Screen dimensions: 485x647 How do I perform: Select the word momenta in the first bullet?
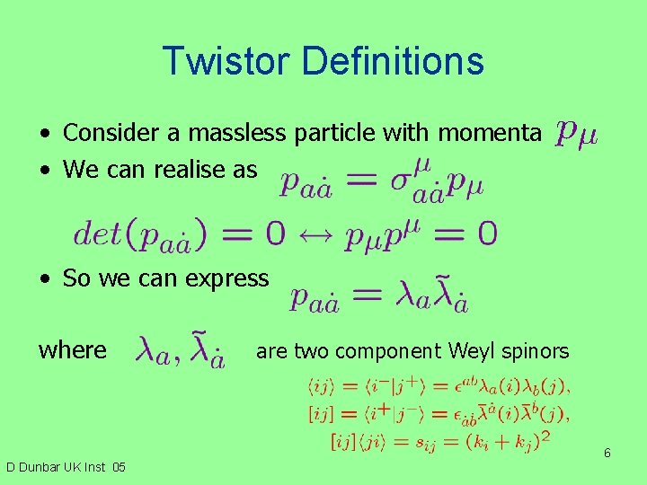(489, 133)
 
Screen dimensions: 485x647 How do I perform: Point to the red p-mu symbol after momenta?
(576, 134)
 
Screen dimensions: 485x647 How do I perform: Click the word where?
(72, 349)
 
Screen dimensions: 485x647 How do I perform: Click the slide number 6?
(607, 453)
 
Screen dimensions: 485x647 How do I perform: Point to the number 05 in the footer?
(119, 467)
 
